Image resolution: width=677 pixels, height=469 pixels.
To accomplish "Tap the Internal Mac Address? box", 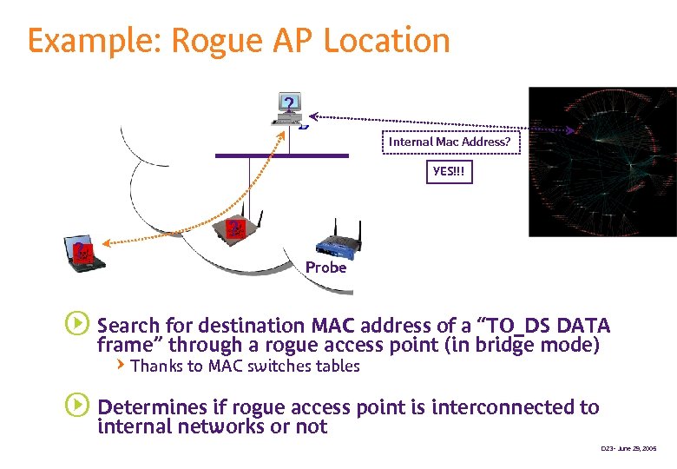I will point(450,142).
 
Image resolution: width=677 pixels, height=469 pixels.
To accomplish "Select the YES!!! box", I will point(449,172).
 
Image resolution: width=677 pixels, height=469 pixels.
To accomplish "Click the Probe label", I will point(326,268).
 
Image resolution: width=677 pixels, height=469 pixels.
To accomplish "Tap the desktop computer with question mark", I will point(289,108).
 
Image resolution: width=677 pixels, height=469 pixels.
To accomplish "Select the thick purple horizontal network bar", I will point(281,155).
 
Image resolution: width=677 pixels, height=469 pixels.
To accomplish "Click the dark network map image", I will point(602,162).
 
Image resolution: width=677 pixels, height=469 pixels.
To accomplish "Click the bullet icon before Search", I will point(76,325).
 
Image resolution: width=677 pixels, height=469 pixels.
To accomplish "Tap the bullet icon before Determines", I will point(76,405).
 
